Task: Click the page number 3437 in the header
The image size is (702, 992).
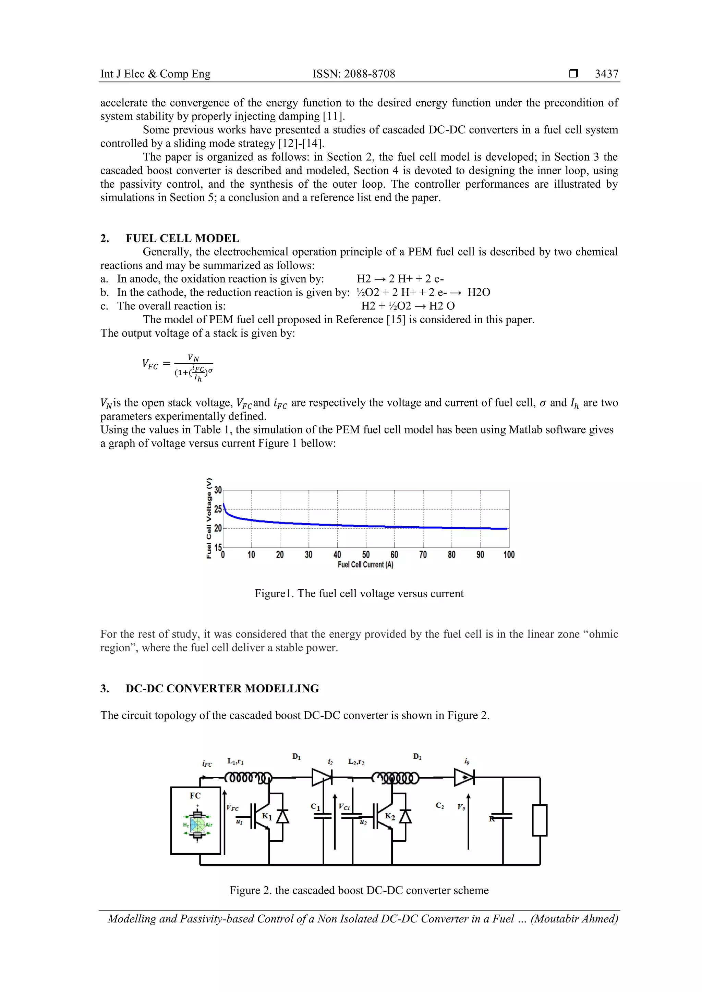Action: [x=606, y=74]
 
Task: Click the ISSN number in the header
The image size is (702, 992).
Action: [x=353, y=74]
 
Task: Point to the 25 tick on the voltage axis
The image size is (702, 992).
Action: [x=218, y=509]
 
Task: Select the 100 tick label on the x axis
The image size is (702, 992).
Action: [x=509, y=554]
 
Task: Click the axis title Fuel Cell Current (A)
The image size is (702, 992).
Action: [x=365, y=565]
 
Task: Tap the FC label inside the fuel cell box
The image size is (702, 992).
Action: [x=195, y=795]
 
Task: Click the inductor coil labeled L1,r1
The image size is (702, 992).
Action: [x=248, y=778]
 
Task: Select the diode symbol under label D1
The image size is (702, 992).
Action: [x=322, y=778]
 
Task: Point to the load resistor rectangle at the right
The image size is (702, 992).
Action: [x=540, y=820]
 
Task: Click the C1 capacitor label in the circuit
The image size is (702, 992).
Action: [x=315, y=807]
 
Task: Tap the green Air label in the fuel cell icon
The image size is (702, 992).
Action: [x=209, y=825]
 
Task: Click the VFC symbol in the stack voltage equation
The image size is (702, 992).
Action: [x=150, y=364]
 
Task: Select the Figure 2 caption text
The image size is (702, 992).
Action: [x=359, y=890]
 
